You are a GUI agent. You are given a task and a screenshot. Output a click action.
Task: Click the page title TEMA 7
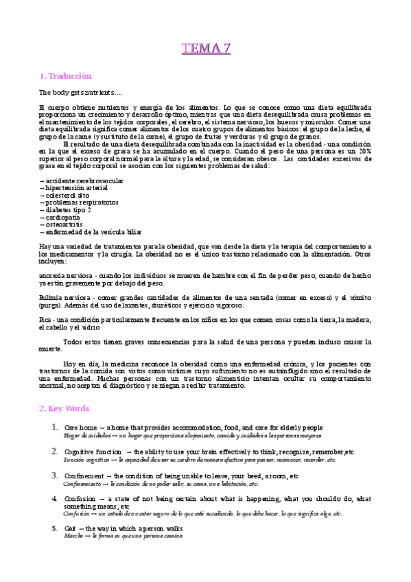(206, 48)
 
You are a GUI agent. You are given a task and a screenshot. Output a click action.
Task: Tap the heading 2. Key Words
(64, 408)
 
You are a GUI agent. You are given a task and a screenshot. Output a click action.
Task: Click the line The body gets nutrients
(72, 91)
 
